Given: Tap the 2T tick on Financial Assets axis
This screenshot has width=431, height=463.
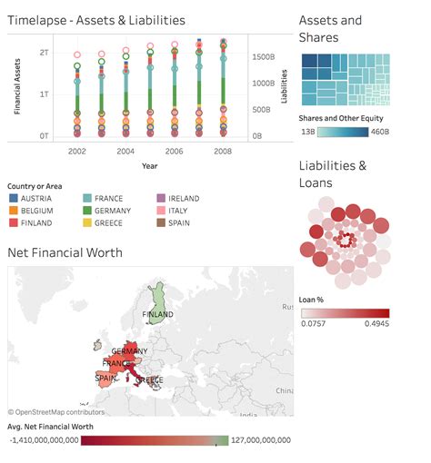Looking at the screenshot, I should (44, 54).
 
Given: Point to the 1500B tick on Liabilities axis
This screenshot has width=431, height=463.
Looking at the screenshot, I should (264, 56).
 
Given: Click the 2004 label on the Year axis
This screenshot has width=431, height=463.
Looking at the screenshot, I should (125, 151).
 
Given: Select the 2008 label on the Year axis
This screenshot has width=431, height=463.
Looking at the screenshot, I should (223, 151).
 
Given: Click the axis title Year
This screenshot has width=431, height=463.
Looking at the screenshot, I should (149, 165).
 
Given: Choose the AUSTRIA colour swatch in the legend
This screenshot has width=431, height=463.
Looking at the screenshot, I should (13, 198).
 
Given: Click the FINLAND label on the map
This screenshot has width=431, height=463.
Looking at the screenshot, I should (157, 314).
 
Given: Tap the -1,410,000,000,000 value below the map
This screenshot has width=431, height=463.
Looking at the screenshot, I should (40, 439).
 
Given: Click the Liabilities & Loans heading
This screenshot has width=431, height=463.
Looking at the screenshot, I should (333, 174).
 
